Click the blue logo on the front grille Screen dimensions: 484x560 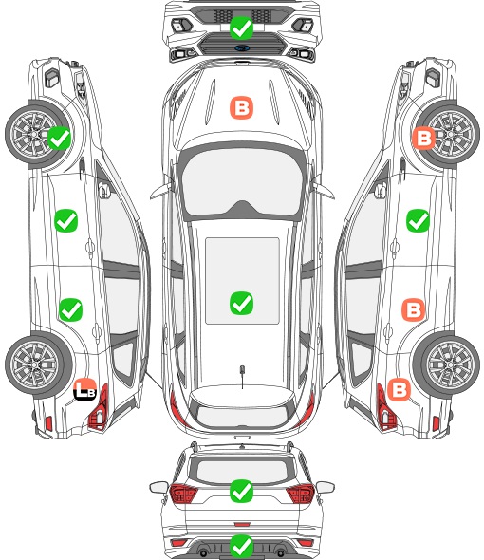coord(242,47)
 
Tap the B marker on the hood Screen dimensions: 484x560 coord(241,107)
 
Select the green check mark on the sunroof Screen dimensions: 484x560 coord(241,303)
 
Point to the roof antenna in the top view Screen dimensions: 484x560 coord(242,374)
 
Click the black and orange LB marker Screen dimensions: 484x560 coord(85,390)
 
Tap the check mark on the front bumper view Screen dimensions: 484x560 coord(241,28)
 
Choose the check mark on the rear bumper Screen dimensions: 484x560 coord(241,546)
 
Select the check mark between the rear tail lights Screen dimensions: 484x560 coord(241,491)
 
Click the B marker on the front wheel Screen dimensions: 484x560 coord(423,138)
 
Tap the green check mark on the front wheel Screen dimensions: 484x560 coord(59,138)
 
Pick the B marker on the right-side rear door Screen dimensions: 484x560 coord(413,309)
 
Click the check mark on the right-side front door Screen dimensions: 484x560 coord(418,221)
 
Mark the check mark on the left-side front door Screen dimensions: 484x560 coord(66,221)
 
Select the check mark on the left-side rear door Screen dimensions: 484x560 coord(71,309)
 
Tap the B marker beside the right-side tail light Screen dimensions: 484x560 coord(399,389)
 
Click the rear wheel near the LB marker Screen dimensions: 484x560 coord(38,364)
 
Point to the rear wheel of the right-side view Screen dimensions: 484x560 coord(446,364)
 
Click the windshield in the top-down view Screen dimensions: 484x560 coord(242,181)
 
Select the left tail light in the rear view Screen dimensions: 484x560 coord(183,494)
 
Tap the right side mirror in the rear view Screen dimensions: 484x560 coord(326,487)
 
